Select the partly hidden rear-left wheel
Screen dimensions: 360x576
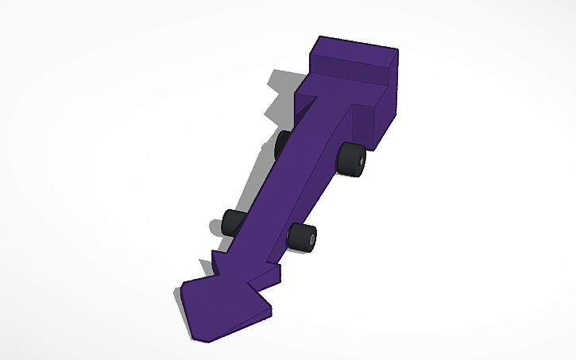tap(282, 144)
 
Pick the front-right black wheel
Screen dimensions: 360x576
tap(302, 236)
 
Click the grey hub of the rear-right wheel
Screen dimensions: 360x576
tap(359, 161)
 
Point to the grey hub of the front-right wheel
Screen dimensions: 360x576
tap(311, 238)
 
